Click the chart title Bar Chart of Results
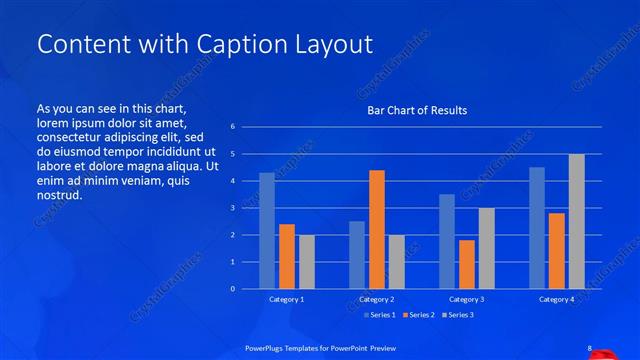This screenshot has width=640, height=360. tap(417, 110)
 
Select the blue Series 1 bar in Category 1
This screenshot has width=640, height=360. tap(267, 231)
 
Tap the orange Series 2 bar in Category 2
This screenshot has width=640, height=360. tap(377, 229)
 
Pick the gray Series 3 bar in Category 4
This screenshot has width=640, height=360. tap(576, 221)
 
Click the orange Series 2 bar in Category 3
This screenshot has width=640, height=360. tap(467, 264)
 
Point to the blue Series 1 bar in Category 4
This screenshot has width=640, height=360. tap(537, 228)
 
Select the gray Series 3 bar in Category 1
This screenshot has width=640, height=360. tap(307, 262)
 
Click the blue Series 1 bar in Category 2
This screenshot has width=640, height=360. tap(357, 255)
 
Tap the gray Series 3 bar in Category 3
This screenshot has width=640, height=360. tap(487, 248)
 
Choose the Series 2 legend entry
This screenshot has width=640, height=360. tap(418, 316)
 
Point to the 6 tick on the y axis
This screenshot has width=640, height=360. tap(232, 127)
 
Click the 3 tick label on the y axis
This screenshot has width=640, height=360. tap(232, 208)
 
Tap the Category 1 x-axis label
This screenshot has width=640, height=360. tap(287, 299)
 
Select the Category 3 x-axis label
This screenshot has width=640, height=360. tap(467, 299)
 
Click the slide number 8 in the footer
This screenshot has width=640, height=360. tap(590, 348)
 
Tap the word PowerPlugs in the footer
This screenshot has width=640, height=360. tap(267, 348)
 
